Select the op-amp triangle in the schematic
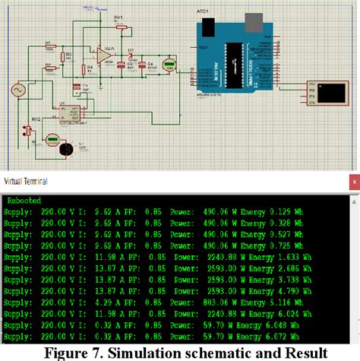(x=101, y=55)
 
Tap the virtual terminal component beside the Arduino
(x=329, y=93)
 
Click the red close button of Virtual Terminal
(x=352, y=182)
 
